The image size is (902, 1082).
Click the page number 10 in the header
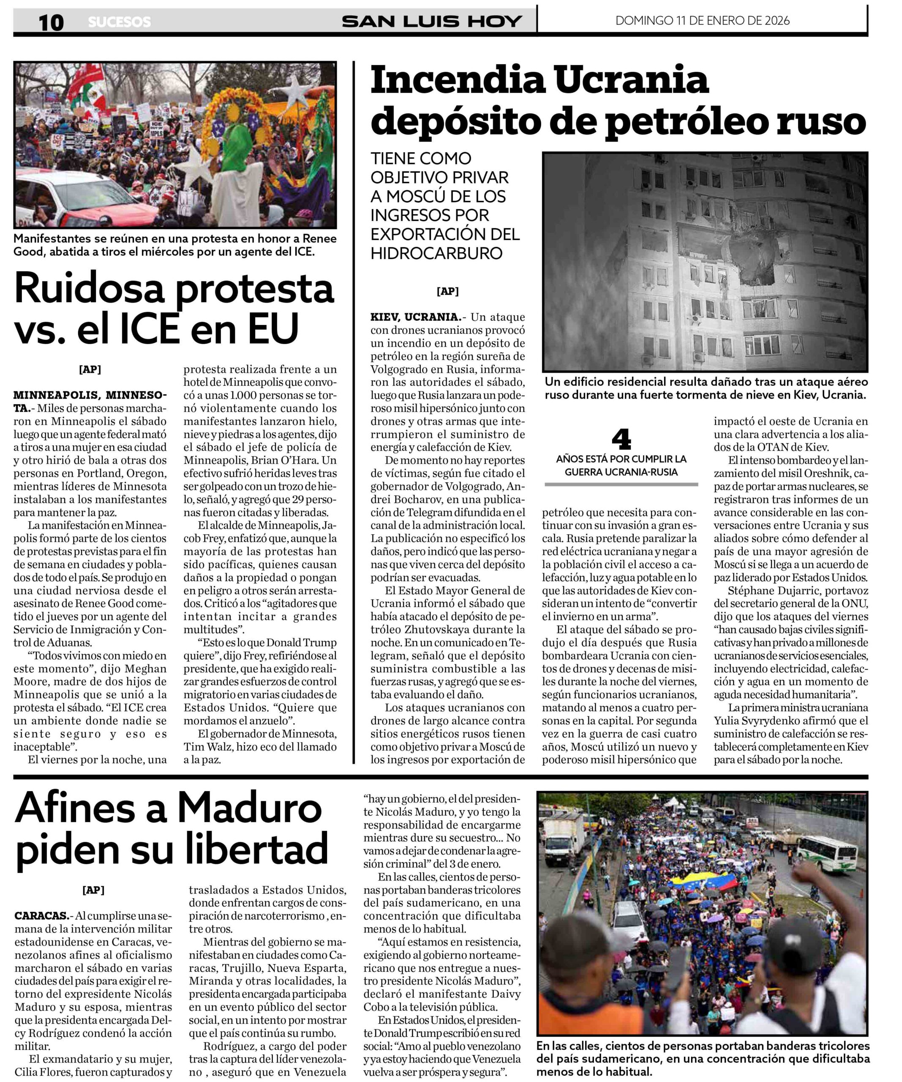pos(51,22)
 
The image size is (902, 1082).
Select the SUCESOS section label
pos(120,22)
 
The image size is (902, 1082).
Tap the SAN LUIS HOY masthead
pos(432,21)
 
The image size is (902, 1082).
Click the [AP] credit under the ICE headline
pos(90,369)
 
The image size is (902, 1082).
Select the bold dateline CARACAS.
pos(42,915)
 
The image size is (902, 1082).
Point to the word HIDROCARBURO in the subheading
pos(436,253)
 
